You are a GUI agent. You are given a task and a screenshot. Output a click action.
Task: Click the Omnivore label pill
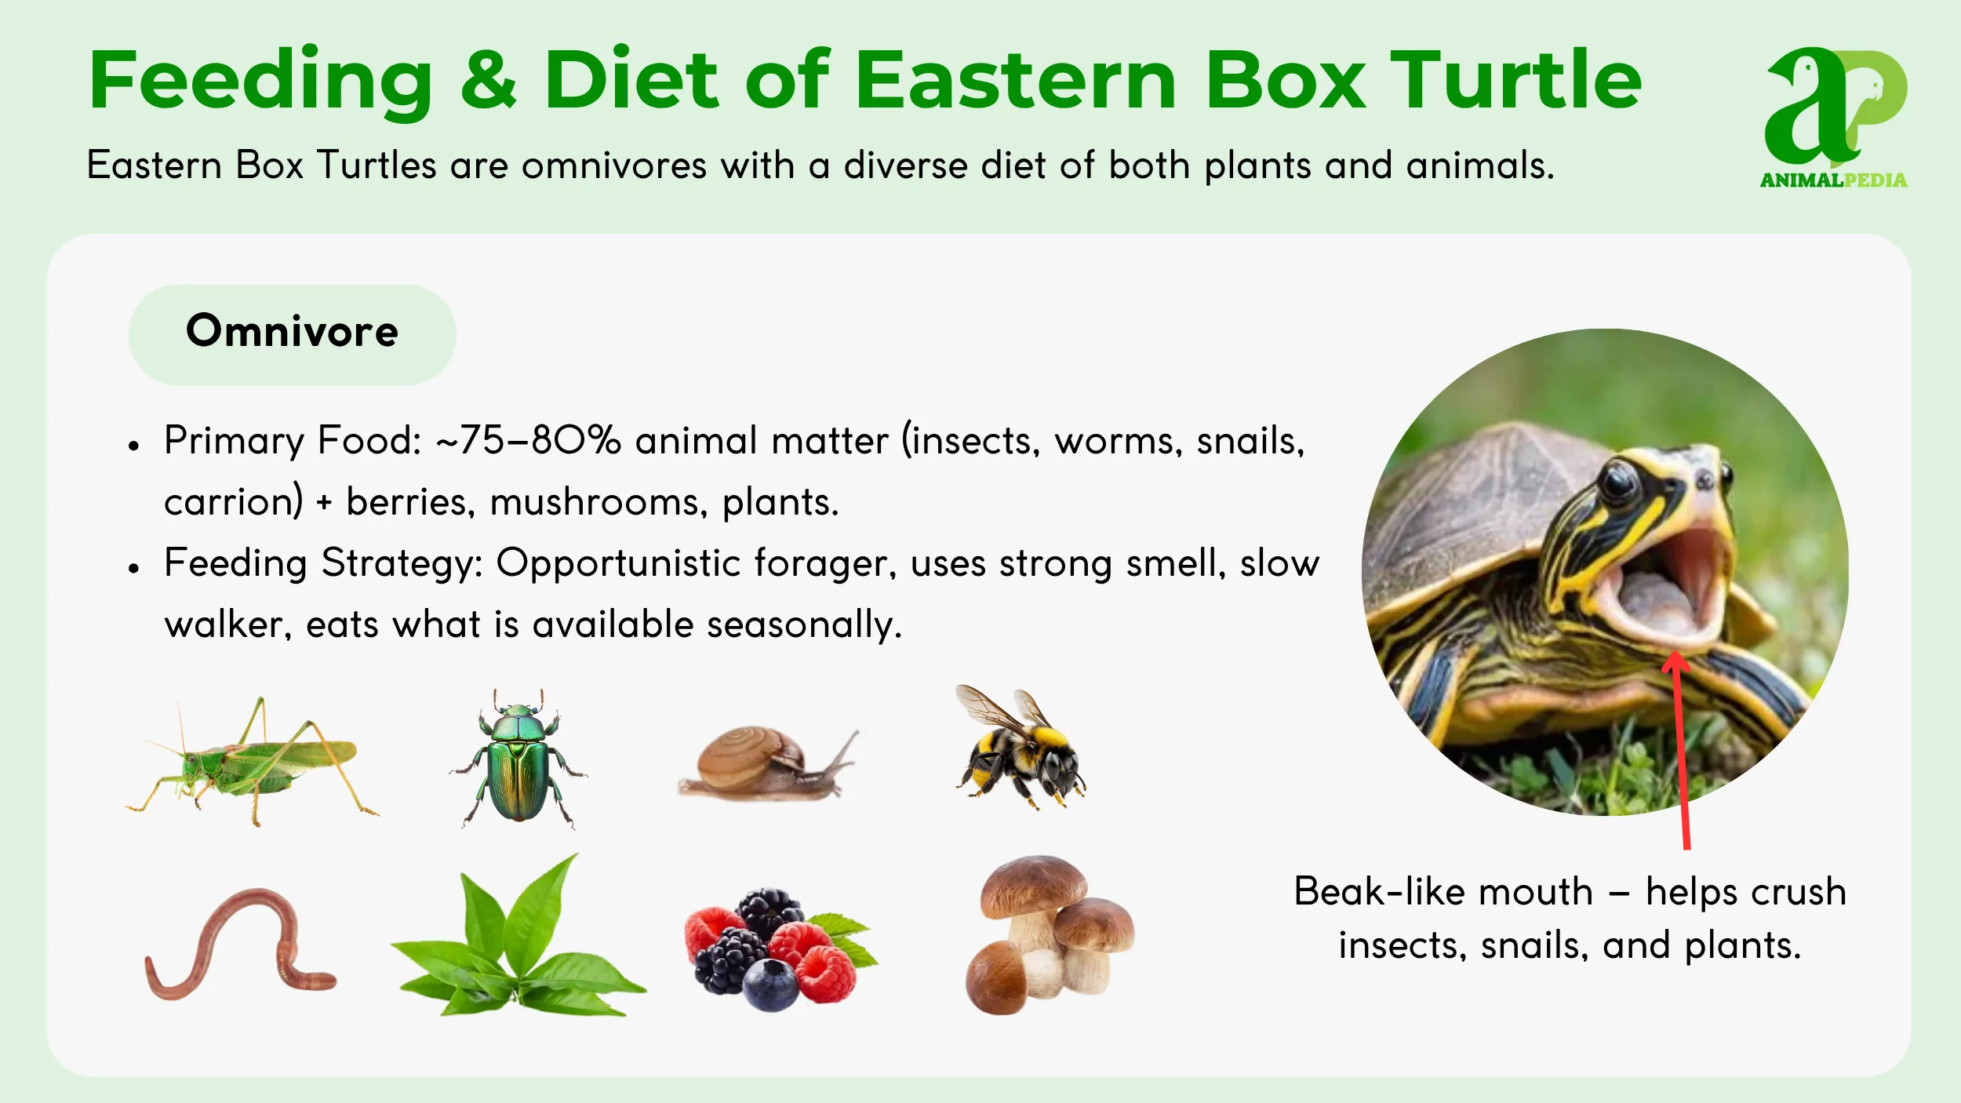pyautogui.click(x=292, y=334)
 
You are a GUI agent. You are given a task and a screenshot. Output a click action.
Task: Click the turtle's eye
pyautogui.click(x=1617, y=480)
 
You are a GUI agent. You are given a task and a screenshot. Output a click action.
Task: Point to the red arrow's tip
pyautogui.click(x=1675, y=653)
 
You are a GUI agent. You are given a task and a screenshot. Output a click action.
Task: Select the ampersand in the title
pyautogui.click(x=488, y=79)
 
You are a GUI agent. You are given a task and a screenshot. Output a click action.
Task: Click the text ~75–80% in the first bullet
pyautogui.click(x=529, y=440)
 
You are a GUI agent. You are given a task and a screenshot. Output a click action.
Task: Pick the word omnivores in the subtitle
pyautogui.click(x=614, y=166)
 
